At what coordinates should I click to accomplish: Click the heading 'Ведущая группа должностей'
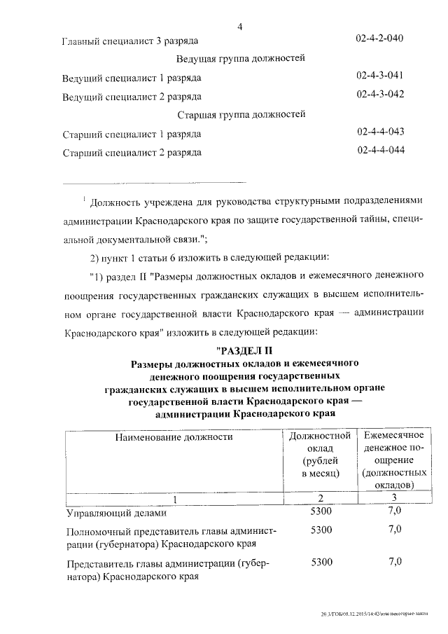(x=241, y=58)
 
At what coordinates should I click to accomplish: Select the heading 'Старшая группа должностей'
(x=241, y=114)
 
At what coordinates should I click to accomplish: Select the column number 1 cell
(x=176, y=499)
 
